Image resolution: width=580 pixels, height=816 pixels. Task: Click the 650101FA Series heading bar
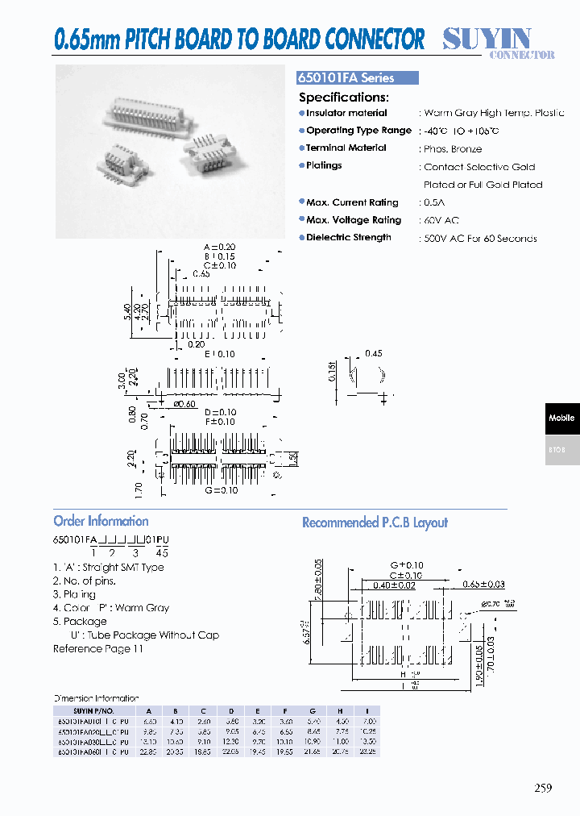coord(358,78)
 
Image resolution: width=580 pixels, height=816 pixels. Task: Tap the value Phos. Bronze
coord(453,149)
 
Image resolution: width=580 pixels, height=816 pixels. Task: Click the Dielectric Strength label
coord(348,238)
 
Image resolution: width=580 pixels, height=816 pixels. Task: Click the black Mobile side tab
coord(561,418)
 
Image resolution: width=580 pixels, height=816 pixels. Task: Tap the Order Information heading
coord(101,521)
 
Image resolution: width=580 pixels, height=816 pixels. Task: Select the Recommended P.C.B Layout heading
coord(375,522)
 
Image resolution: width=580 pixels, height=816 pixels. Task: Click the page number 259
coord(543,789)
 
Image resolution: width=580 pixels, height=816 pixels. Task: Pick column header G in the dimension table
coord(313,710)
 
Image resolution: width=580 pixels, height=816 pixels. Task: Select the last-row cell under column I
coord(369,751)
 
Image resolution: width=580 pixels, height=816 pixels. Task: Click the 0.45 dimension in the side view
coord(374,353)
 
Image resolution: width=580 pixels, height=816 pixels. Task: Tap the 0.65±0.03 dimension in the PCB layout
coord(483,584)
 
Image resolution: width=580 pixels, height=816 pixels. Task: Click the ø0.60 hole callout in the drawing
coord(185,403)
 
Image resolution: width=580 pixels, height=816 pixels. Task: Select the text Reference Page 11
coord(97,649)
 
